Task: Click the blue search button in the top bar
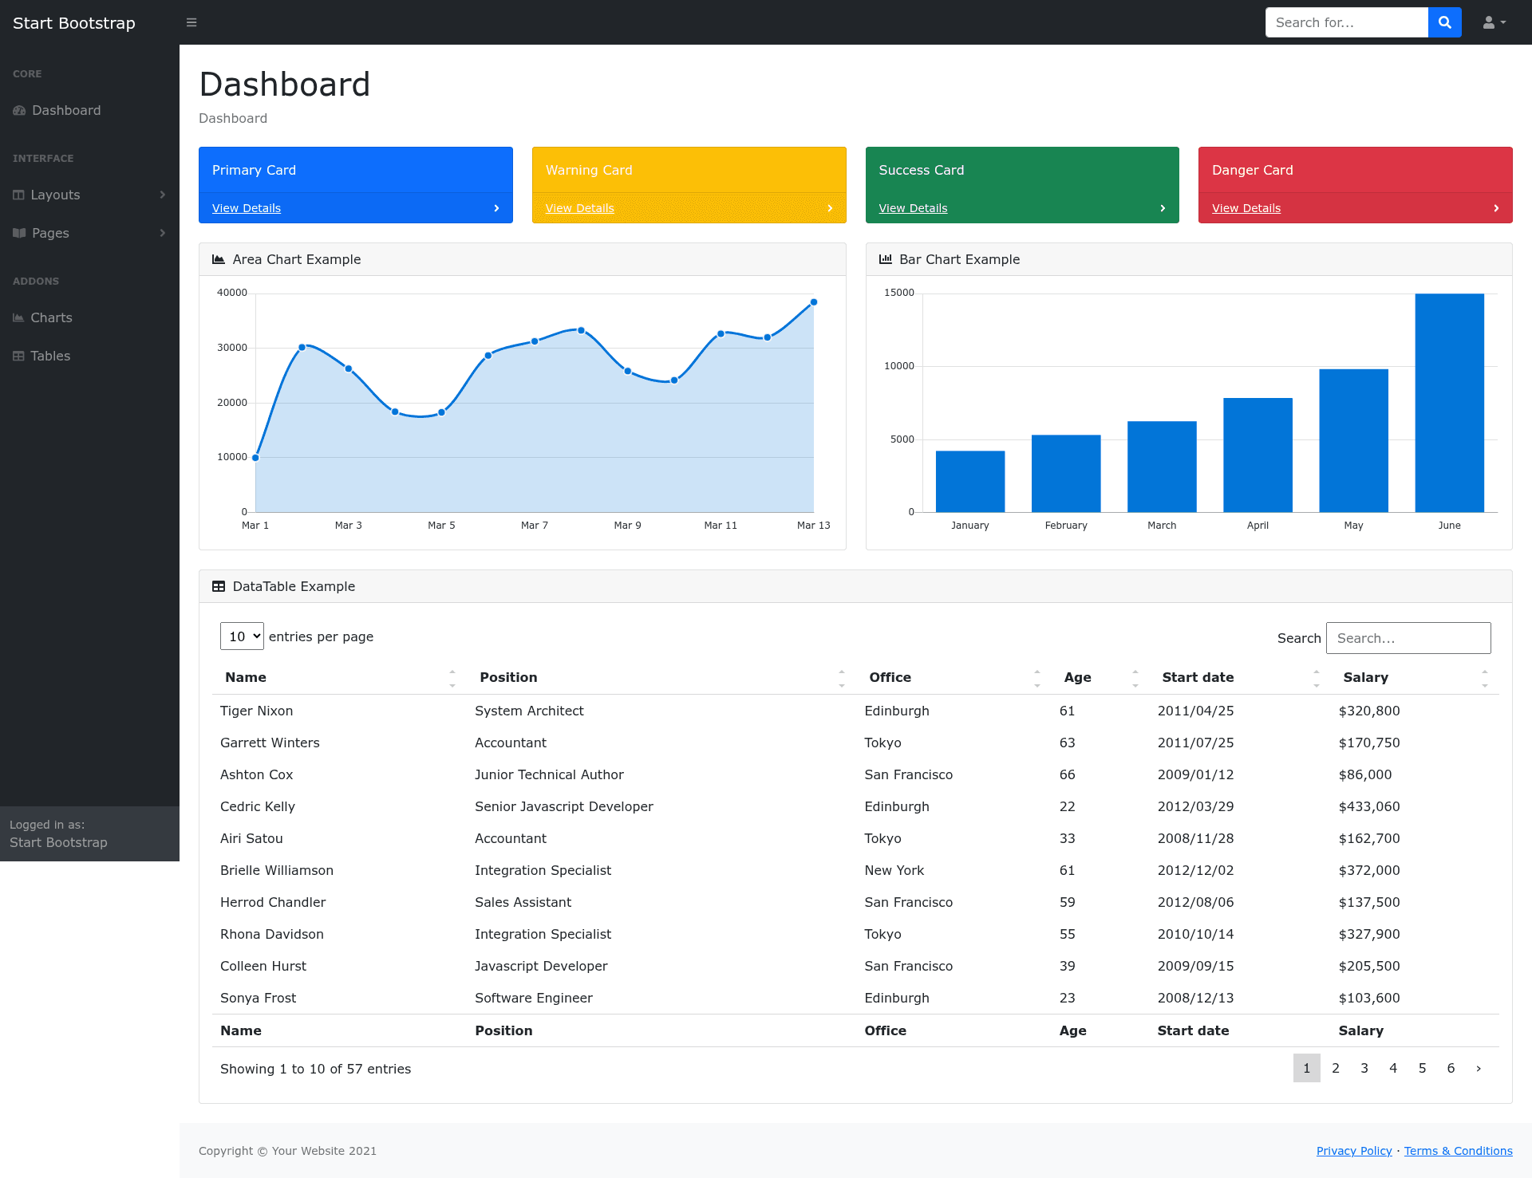[x=1444, y=22]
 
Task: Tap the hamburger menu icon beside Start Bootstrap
[x=191, y=22]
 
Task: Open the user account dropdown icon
[x=1494, y=22]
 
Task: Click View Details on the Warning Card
[x=579, y=208]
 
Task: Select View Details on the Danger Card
[x=1246, y=208]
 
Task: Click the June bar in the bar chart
[x=1449, y=403]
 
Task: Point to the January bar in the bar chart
[x=969, y=482]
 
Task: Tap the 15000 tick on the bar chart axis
[x=898, y=293]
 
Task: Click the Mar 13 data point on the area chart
[x=814, y=302]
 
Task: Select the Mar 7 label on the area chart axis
[x=535, y=526]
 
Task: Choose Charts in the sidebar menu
[x=51, y=317]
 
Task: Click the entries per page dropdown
[x=242, y=636]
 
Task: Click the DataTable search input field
[x=1408, y=638]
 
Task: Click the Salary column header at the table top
[x=1365, y=677]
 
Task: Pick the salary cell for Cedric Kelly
[x=1369, y=806]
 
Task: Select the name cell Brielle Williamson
[x=277, y=870]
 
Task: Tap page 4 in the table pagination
[x=1393, y=1068]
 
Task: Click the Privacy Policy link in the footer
[x=1354, y=1151]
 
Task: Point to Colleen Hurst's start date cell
[x=1195, y=966]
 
